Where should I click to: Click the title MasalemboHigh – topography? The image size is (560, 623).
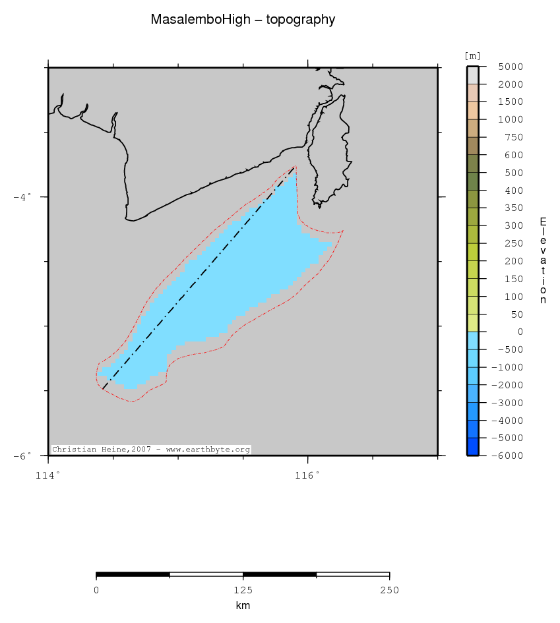coord(243,20)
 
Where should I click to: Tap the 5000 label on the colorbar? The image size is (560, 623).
coord(511,67)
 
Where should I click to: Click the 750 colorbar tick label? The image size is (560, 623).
coord(513,137)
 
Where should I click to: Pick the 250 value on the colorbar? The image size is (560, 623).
coord(513,243)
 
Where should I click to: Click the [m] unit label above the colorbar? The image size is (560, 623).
coord(472,56)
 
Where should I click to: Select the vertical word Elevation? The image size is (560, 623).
coord(543,260)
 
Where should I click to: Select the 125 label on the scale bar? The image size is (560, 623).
coord(243,590)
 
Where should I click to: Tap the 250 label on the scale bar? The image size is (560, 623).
coord(389,590)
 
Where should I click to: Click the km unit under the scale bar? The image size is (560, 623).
coord(243,606)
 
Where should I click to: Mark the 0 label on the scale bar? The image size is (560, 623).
coord(96,590)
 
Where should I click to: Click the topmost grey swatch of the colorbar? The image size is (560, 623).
coord(472,75)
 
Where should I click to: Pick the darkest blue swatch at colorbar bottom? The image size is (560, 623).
coord(472,447)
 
